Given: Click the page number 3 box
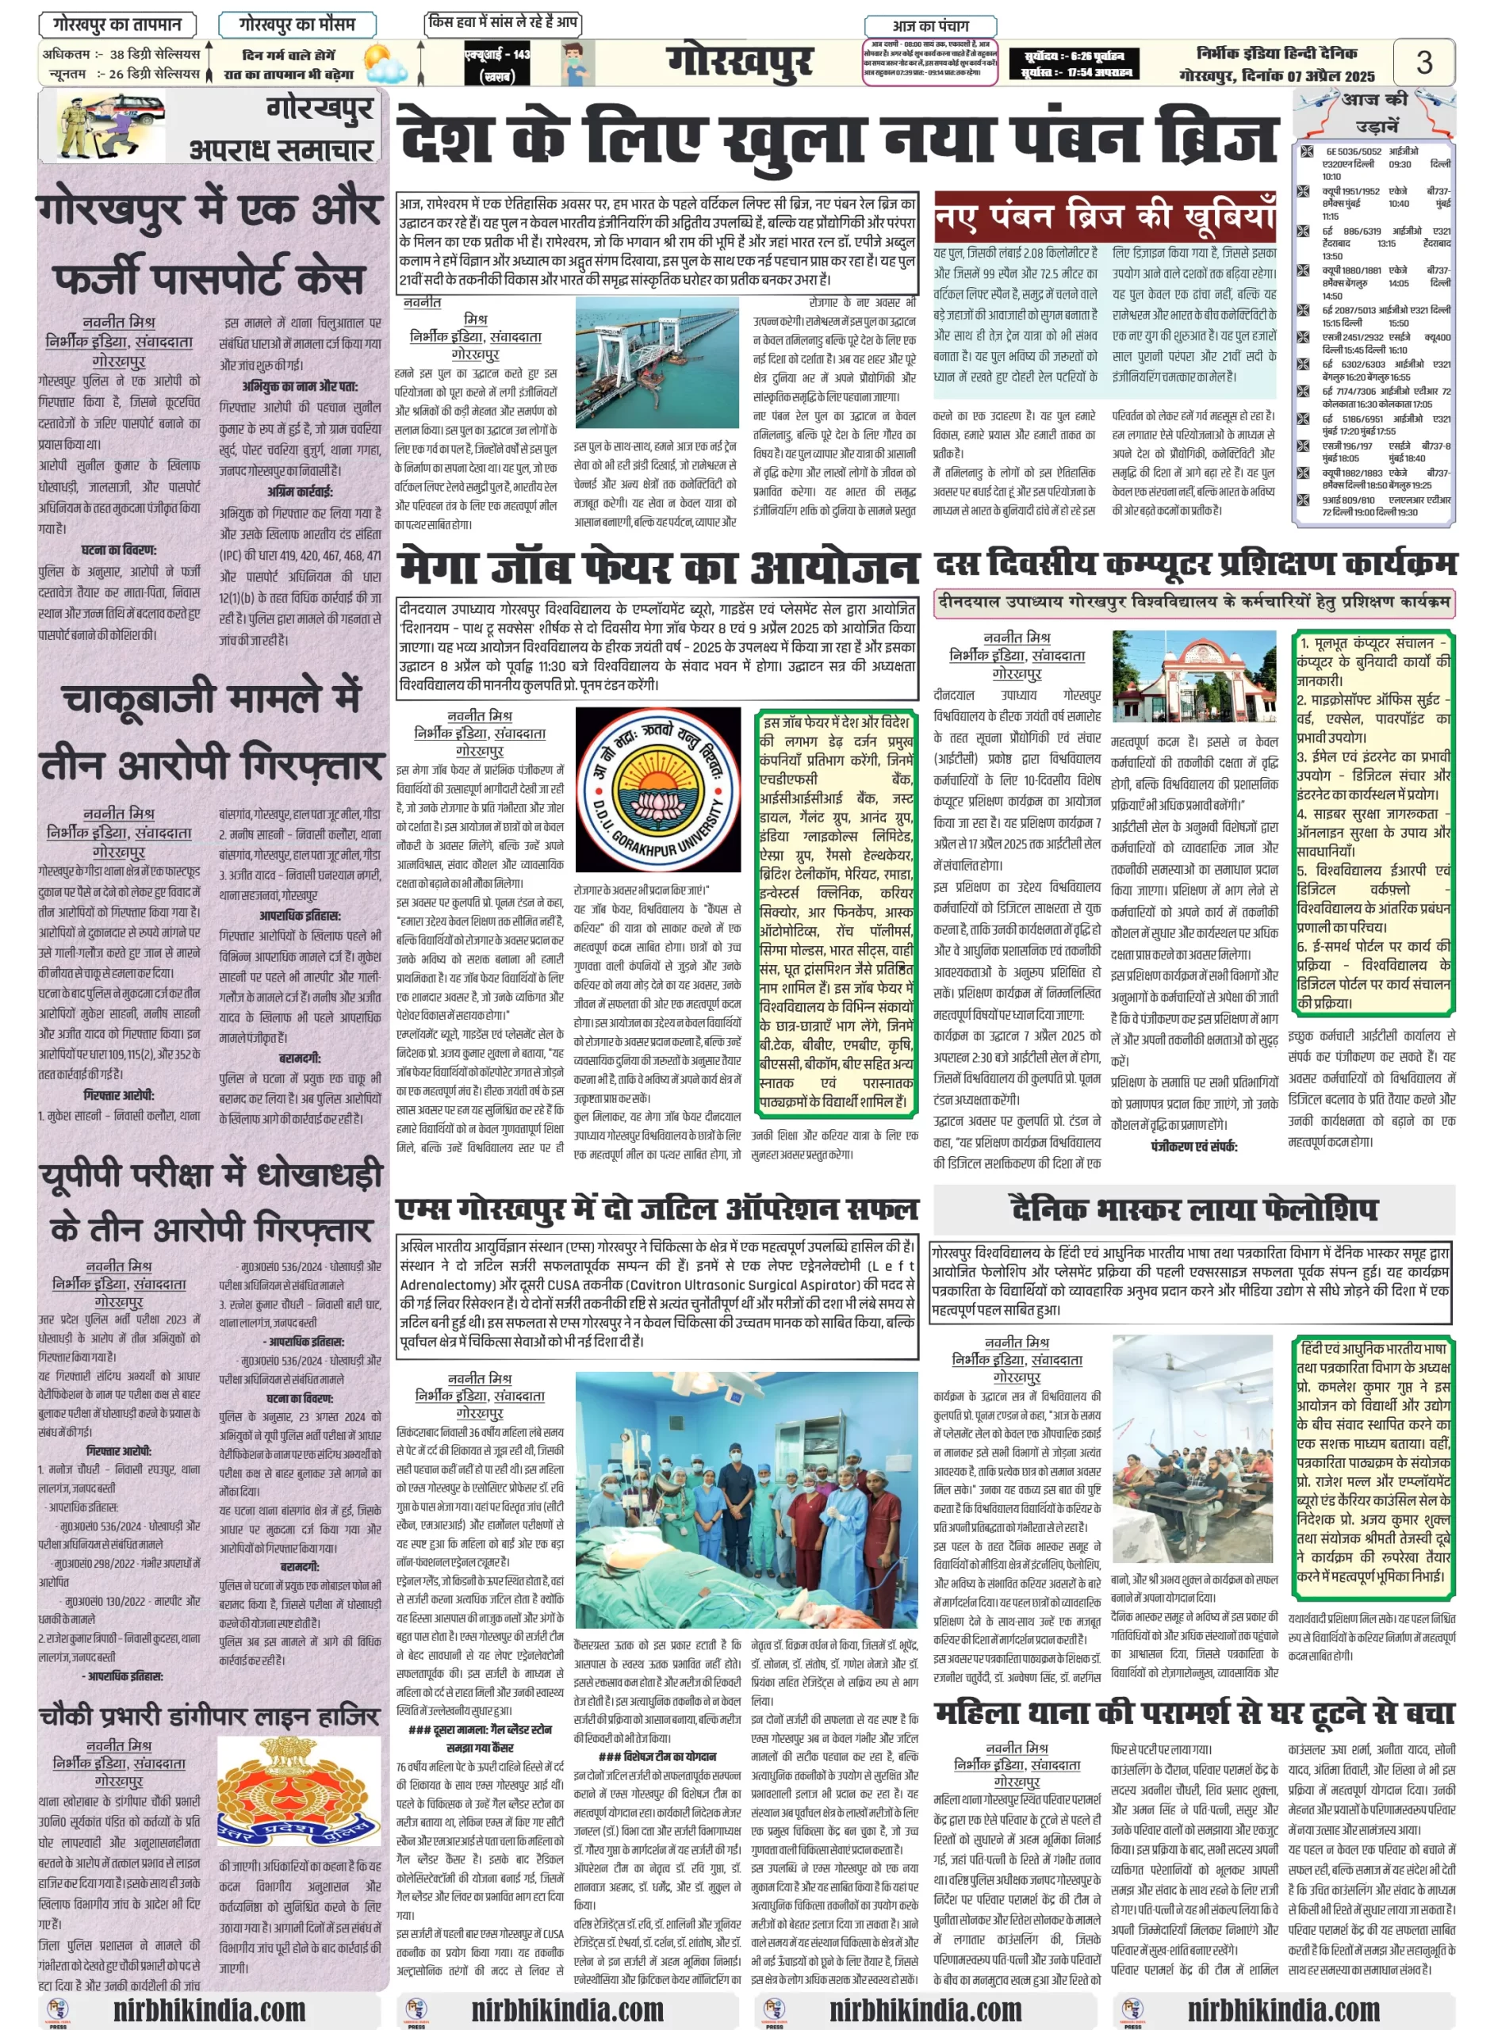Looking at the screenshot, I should click(1423, 63).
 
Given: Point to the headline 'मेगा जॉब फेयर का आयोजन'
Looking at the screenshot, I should click(657, 567).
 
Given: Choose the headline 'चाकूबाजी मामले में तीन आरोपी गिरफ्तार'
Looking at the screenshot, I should click(212, 730).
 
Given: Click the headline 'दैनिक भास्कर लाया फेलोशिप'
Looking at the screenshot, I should click(1193, 1209).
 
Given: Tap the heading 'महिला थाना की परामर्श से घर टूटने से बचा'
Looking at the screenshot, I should click(1193, 1713).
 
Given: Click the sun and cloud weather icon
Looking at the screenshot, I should click(385, 68).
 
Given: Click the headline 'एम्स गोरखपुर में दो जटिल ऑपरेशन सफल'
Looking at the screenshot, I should click(657, 1209).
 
